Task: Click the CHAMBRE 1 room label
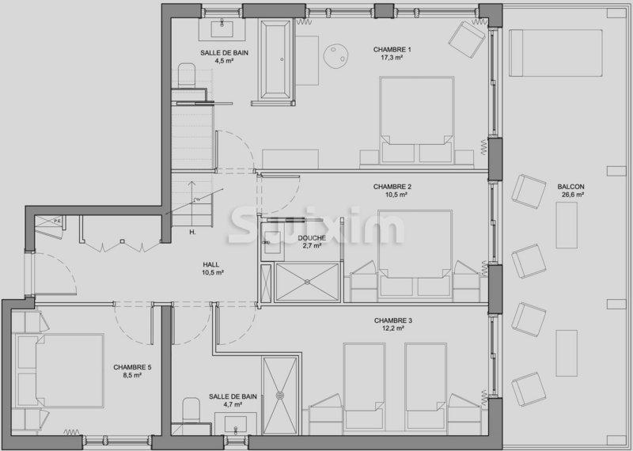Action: click(392, 50)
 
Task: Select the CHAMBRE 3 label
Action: click(392, 320)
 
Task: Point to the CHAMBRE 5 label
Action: click(132, 367)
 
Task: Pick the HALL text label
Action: click(211, 265)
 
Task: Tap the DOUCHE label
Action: click(312, 238)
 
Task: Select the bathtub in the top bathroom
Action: click(275, 59)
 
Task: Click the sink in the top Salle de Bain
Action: click(222, 28)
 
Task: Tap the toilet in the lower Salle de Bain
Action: click(191, 409)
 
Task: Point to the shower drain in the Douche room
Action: click(307, 282)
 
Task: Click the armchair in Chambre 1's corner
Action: click(467, 39)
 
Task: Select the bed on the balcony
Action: click(555, 53)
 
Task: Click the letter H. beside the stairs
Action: click(192, 232)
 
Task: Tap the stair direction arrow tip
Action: click(191, 181)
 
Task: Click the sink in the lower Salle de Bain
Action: click(235, 425)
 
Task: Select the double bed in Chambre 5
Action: click(59, 370)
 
